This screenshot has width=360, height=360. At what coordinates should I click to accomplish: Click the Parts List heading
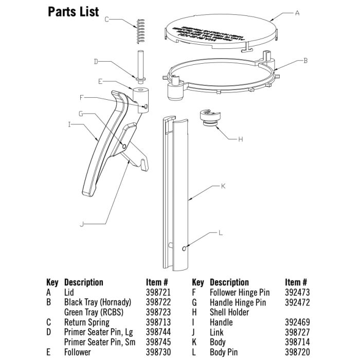[x=74, y=11]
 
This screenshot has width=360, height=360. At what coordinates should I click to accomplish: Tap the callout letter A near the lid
[x=297, y=14]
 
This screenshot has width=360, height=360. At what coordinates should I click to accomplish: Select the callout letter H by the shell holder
[x=240, y=139]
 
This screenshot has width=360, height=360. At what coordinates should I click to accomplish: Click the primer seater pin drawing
[x=140, y=65]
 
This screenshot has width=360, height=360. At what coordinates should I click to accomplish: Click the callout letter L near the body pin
[x=221, y=232]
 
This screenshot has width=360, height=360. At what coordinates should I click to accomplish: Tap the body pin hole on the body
[x=184, y=249]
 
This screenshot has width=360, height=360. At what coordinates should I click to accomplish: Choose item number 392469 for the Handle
[x=296, y=322]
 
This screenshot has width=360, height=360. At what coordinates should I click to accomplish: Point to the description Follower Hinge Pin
[x=239, y=292]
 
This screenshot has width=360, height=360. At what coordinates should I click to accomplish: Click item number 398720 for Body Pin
[x=296, y=352]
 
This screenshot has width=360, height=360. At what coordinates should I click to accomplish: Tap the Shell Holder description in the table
[x=229, y=312]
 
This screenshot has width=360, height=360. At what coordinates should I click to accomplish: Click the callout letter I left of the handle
[x=69, y=124]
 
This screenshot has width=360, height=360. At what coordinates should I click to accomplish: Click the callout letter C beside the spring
[x=106, y=20]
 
